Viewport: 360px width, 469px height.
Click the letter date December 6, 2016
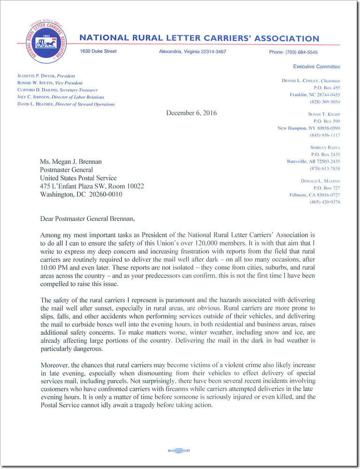point(191,113)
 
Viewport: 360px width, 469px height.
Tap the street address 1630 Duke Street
point(98,51)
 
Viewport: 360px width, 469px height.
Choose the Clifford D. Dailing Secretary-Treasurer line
point(57,90)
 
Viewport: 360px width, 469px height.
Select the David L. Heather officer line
point(66,104)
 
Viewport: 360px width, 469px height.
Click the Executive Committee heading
point(316,67)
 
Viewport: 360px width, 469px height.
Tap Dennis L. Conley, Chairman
point(311,81)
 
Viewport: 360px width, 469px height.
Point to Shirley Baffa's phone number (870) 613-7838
point(325,168)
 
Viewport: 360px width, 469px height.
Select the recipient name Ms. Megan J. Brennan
point(70,162)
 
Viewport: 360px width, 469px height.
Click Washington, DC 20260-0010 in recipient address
point(81,194)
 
